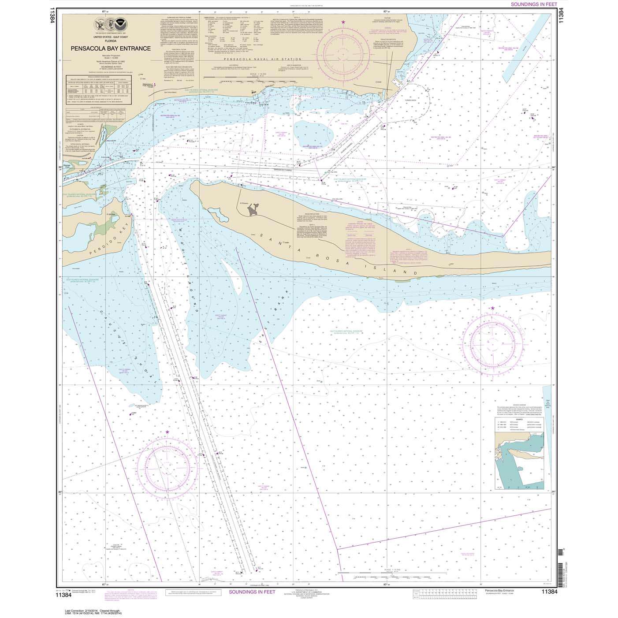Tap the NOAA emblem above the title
pyautogui.click(x=119, y=21)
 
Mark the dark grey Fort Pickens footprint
pyautogui.click(x=253, y=212)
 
